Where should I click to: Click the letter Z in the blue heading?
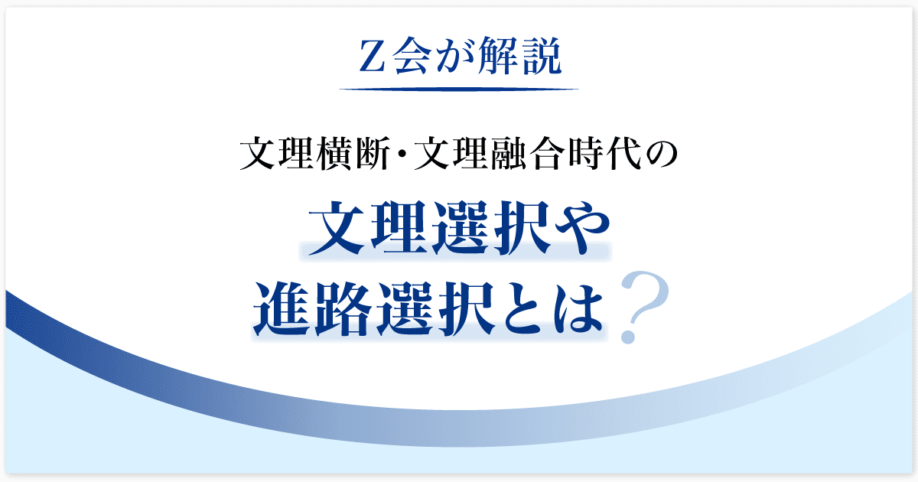(373, 56)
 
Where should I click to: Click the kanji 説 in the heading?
(541, 57)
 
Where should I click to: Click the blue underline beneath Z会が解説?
(458, 89)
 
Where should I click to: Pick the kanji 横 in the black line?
(336, 154)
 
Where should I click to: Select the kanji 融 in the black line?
(510, 154)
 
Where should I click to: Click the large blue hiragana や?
(583, 229)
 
